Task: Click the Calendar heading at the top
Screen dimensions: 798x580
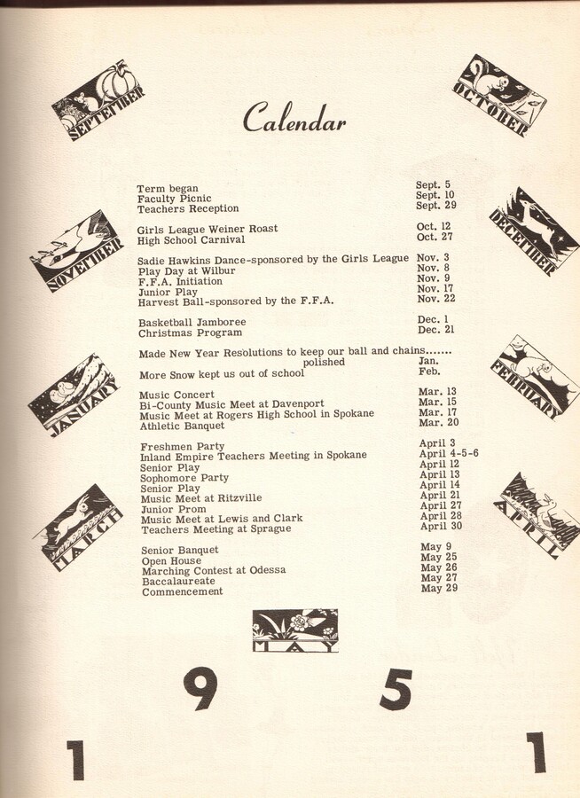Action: [294, 118]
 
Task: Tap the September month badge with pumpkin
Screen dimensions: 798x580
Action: [98, 99]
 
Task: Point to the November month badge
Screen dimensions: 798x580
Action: [76, 251]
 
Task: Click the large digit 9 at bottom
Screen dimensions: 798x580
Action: [200, 689]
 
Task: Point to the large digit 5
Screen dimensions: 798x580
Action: [396, 689]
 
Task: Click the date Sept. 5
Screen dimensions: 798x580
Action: [433, 185]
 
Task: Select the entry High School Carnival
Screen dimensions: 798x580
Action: [191, 239]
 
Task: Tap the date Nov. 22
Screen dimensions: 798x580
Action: [435, 299]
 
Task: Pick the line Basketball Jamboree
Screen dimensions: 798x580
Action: [192, 322]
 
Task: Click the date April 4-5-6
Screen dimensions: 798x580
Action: [449, 453]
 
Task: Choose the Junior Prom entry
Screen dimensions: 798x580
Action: [173, 508]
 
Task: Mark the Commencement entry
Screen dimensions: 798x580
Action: [182, 591]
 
